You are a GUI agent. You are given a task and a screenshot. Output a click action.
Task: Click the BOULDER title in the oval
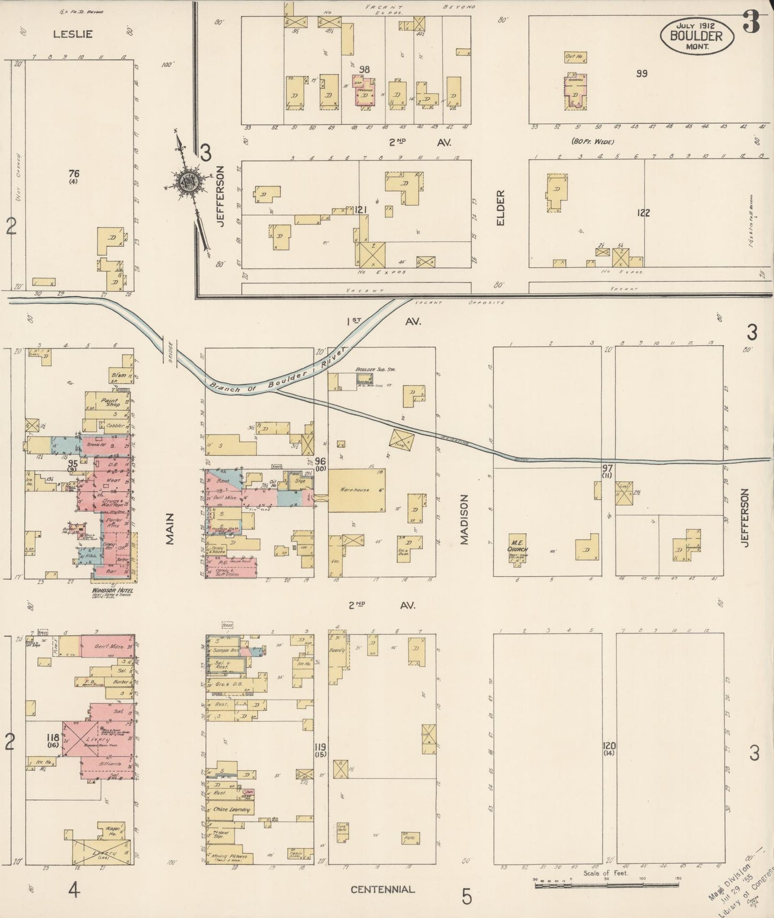tap(695, 36)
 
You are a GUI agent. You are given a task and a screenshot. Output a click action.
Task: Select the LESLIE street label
tap(73, 34)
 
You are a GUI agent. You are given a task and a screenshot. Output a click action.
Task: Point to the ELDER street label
tap(500, 207)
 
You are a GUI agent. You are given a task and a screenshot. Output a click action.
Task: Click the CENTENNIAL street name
tap(382, 890)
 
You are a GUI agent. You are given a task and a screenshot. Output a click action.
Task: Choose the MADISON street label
tap(464, 519)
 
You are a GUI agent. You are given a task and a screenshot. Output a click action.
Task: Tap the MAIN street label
tap(170, 529)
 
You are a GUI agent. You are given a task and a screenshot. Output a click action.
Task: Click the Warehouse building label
tap(355, 490)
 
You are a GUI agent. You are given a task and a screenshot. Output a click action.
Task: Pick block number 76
tap(74, 173)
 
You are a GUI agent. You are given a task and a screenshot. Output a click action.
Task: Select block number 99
tap(642, 73)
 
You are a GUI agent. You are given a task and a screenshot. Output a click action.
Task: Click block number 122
tap(643, 213)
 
